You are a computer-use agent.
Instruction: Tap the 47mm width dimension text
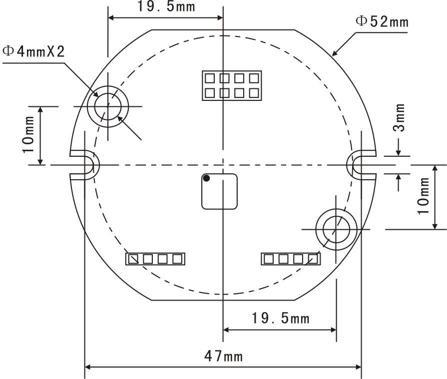[223, 356]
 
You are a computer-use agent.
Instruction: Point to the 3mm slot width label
[399, 117]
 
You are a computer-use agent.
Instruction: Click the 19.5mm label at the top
[166, 6]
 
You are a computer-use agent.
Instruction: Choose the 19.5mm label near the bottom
[280, 318]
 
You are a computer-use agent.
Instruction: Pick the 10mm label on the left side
[28, 135]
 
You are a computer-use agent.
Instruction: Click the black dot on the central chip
[206, 178]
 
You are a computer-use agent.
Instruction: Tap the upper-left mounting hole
[108, 106]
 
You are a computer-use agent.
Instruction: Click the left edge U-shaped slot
[84, 165]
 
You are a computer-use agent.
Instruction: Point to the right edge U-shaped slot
[361, 165]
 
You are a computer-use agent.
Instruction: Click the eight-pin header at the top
[232, 85]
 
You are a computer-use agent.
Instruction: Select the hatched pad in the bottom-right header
[313, 259]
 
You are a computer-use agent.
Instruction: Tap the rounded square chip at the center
[219, 191]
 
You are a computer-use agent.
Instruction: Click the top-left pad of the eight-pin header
[210, 78]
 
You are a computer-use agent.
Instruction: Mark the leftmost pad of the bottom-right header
[269, 259]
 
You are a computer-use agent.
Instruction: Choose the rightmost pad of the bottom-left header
[177, 259]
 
